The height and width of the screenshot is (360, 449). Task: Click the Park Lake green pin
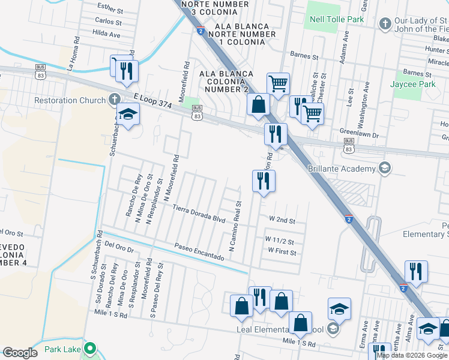(x=90, y=348)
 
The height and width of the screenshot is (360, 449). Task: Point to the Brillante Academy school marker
(x=385, y=169)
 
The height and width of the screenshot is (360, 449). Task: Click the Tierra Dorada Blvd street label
(x=199, y=214)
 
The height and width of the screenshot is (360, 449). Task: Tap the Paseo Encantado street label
(x=200, y=252)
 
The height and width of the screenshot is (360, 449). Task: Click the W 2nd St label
(x=282, y=221)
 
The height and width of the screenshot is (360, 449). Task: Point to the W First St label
(x=281, y=253)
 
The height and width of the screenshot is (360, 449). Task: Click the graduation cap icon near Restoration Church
(x=128, y=114)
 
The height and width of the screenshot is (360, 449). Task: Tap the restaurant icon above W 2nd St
(x=264, y=180)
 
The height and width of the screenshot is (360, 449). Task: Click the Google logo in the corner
(x=20, y=353)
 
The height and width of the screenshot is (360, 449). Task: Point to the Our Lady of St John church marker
(x=385, y=24)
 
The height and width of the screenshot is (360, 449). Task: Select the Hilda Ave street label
(x=107, y=35)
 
